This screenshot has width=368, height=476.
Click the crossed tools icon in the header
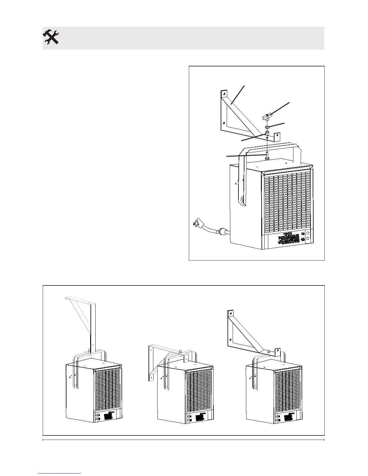click(51, 38)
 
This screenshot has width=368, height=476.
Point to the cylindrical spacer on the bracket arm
click(267, 133)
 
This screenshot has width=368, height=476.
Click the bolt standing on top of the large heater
click(267, 156)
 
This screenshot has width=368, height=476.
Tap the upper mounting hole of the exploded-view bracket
click(223, 94)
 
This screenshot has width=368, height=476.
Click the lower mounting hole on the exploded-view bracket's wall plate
click(224, 123)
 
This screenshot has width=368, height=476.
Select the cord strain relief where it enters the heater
click(223, 232)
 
